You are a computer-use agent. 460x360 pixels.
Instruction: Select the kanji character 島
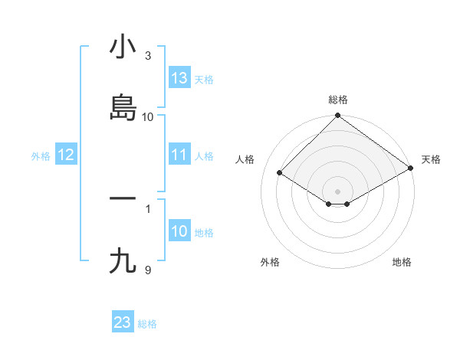coord(123,108)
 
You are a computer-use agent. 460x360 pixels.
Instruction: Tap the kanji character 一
coord(123,199)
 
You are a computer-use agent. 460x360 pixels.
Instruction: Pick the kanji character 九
coord(123,261)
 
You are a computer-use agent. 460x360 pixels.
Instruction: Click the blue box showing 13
coord(179,78)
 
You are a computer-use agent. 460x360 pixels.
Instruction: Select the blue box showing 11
coord(179,155)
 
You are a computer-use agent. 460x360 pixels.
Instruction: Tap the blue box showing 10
coord(179,232)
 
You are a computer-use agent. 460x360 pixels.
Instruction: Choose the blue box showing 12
coord(66,155)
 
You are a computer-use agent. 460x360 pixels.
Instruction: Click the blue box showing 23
coord(123,322)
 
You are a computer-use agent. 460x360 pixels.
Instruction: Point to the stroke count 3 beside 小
coord(148,56)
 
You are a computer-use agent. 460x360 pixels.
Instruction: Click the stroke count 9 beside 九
coord(148,270)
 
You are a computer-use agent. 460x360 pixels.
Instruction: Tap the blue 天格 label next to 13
coord(204,79)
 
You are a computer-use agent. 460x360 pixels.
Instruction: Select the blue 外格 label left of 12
coord(41,156)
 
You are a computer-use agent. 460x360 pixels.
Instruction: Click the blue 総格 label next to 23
coord(147,324)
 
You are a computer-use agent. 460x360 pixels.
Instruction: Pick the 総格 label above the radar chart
coord(338,100)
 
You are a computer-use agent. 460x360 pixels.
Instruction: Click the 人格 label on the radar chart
coord(245,159)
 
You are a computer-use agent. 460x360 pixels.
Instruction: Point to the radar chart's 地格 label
coord(402,262)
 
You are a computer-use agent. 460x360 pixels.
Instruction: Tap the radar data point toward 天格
coord(411,169)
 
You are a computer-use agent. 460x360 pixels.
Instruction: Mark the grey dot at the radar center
coord(338,191)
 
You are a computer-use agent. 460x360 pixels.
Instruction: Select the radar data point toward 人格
coord(280,173)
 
